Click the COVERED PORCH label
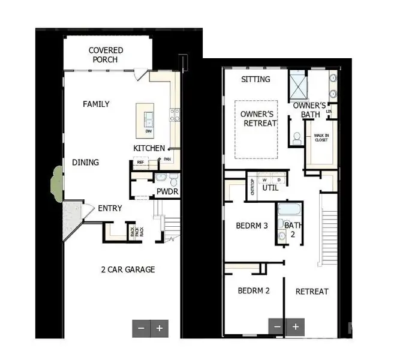[x=106, y=55]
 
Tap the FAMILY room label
[x=96, y=104]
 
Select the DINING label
[x=85, y=162]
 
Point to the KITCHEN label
[x=149, y=148]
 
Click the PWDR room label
[x=168, y=192]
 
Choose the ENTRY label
[x=110, y=208]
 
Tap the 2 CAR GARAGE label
[x=127, y=269]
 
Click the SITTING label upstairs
[x=255, y=79]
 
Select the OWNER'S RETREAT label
[x=258, y=118]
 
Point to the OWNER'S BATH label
[x=309, y=110]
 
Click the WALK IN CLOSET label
[x=321, y=137]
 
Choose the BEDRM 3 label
[x=251, y=226]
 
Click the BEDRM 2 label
[x=254, y=291]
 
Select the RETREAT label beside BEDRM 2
[x=312, y=292]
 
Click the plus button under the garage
[x=160, y=328]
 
